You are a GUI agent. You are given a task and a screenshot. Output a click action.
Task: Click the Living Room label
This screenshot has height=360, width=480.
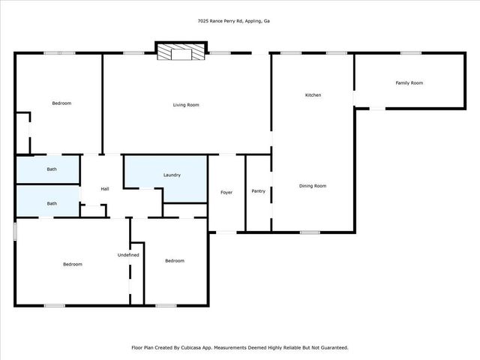[x=186, y=105]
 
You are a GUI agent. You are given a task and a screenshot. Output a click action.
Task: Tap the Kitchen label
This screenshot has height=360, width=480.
[x=313, y=95]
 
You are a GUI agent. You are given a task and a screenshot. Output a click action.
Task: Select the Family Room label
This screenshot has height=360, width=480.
[x=409, y=82]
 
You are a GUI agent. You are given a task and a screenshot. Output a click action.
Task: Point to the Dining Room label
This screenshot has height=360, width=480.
[x=313, y=185]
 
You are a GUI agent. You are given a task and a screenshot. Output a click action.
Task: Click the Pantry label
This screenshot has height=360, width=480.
[x=258, y=191]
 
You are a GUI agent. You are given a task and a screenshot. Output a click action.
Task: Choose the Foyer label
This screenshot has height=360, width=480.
[x=226, y=193]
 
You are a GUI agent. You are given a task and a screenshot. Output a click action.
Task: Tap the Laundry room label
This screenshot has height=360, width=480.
[x=172, y=175]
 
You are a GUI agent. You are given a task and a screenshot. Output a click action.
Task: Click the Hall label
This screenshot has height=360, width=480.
[x=105, y=188]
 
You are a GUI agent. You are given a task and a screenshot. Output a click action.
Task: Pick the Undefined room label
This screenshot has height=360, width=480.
[x=128, y=255]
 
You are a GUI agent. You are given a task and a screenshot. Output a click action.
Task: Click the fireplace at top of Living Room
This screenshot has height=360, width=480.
[x=180, y=52]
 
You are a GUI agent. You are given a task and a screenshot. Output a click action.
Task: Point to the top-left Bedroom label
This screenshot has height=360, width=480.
[x=61, y=103]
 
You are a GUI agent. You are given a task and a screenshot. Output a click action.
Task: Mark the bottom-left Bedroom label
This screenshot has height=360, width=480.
[x=72, y=264]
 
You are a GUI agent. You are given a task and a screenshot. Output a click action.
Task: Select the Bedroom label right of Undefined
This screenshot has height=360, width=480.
[x=175, y=260]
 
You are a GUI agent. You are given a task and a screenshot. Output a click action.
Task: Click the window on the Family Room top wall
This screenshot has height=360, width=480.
[x=409, y=52]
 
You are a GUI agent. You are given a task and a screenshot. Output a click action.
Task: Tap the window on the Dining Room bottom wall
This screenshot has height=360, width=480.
[x=310, y=232]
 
